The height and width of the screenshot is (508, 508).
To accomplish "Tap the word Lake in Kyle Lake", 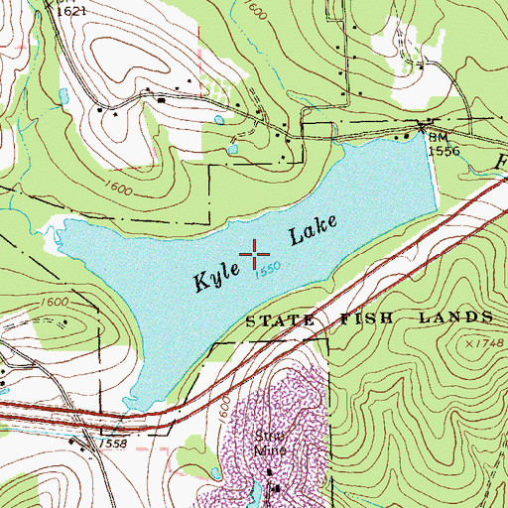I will pyautogui.click(x=314, y=232).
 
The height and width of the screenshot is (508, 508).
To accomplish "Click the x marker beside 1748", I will pyautogui.click(x=467, y=341).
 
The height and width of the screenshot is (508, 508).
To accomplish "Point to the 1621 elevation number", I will pyautogui.click(x=70, y=9).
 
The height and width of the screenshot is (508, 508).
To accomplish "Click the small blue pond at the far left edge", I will pyautogui.click(x=63, y=97).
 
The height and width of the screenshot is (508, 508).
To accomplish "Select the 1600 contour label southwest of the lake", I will pyautogui.click(x=56, y=302).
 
